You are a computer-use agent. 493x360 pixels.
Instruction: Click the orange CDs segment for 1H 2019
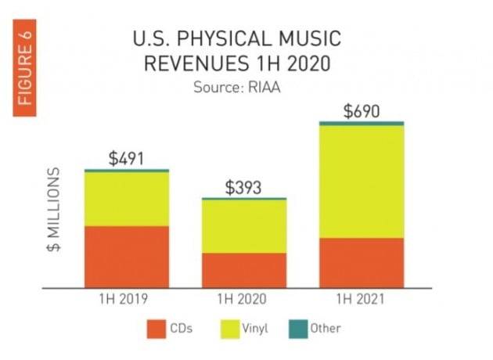coord(126,257)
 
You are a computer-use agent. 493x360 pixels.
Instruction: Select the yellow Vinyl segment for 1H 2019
coord(126,199)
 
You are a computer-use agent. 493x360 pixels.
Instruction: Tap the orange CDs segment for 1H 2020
coord(244,270)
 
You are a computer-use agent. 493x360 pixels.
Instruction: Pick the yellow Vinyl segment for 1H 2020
coord(244,227)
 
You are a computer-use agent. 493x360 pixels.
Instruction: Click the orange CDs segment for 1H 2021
coord(362,262)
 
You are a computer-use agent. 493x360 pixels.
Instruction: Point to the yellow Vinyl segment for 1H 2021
coord(362,182)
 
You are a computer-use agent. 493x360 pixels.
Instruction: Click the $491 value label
coord(126,159)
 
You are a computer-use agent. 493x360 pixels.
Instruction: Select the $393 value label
coord(243,188)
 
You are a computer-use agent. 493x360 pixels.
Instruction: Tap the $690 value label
coord(362,111)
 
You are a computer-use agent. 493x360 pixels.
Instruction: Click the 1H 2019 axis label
coord(126,298)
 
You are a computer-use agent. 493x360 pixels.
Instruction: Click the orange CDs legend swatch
coord(157,329)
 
